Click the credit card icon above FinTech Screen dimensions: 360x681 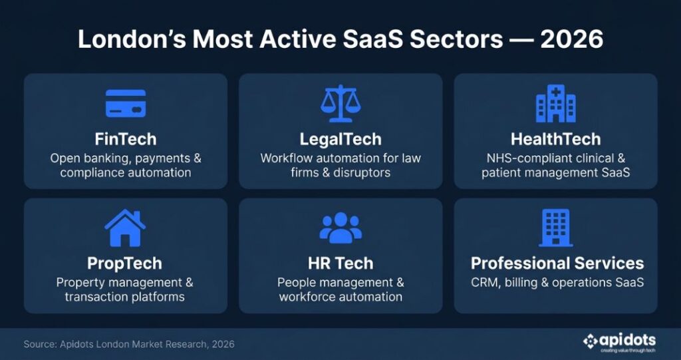(x=126, y=103)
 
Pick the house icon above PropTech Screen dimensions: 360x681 (x=125, y=228)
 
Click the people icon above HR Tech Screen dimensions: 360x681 (x=340, y=228)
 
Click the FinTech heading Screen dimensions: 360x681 (x=126, y=139)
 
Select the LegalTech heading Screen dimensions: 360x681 (x=340, y=139)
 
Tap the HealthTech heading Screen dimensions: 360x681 (x=555, y=139)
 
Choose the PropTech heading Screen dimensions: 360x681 (x=125, y=263)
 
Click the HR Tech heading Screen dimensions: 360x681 (x=340, y=263)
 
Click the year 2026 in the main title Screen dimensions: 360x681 (x=571, y=39)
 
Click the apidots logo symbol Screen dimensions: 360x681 (x=591, y=341)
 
